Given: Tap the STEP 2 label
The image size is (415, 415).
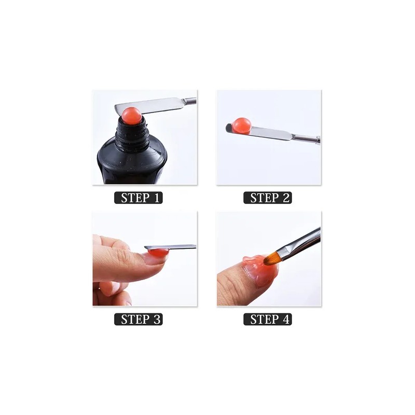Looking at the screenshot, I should pyautogui.click(x=267, y=198).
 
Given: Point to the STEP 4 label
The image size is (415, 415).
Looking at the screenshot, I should pyautogui.click(x=267, y=319).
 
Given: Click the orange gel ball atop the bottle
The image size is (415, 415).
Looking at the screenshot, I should pyautogui.click(x=132, y=115).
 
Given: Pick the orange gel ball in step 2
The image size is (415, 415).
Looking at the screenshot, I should pyautogui.click(x=241, y=125).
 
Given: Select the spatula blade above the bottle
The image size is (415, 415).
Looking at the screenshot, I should pyautogui.click(x=161, y=105).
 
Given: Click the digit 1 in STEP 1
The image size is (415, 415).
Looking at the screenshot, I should pyautogui.click(x=155, y=198).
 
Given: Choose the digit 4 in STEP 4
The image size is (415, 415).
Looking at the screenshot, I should pyautogui.click(x=284, y=319).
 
